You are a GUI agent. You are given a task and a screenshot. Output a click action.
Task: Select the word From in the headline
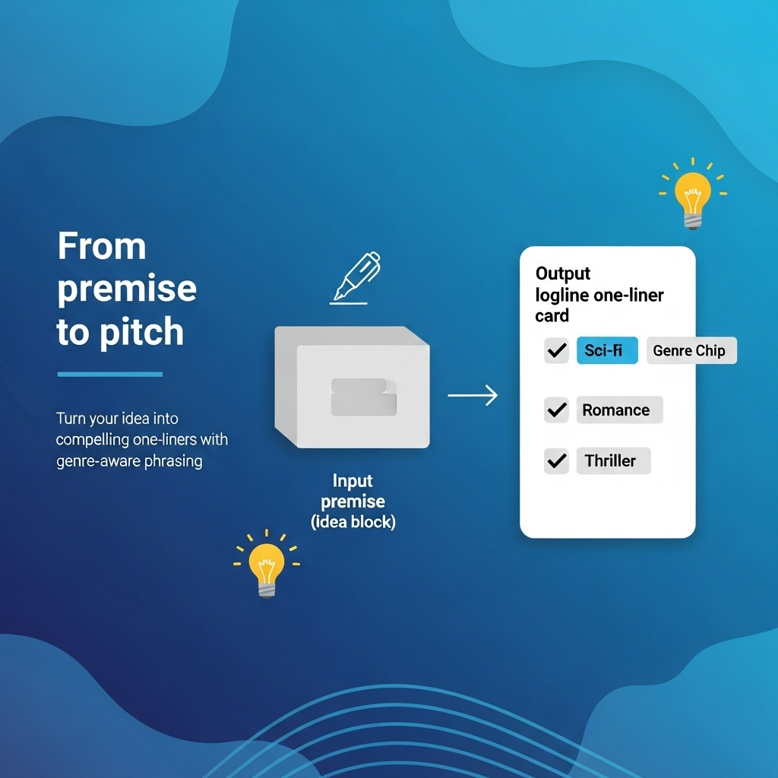(101, 248)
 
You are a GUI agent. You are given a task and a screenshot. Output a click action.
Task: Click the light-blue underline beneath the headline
(110, 374)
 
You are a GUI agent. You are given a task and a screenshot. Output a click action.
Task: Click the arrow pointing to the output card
(472, 395)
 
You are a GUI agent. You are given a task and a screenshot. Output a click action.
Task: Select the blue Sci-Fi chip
(607, 350)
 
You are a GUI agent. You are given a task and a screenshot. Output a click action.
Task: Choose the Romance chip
(618, 410)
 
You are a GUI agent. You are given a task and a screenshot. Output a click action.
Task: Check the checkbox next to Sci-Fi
(557, 350)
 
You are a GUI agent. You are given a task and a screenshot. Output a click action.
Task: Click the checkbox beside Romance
(557, 410)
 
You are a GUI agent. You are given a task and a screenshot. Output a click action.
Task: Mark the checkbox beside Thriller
(557, 461)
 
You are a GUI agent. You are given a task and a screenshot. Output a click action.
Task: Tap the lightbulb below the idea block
(266, 567)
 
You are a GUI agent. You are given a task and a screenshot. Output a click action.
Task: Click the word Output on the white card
(563, 274)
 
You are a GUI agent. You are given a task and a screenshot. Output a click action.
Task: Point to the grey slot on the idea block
(363, 396)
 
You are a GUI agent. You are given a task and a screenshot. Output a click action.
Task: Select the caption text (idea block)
(353, 523)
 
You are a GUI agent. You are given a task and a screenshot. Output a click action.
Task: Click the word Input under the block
(352, 481)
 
